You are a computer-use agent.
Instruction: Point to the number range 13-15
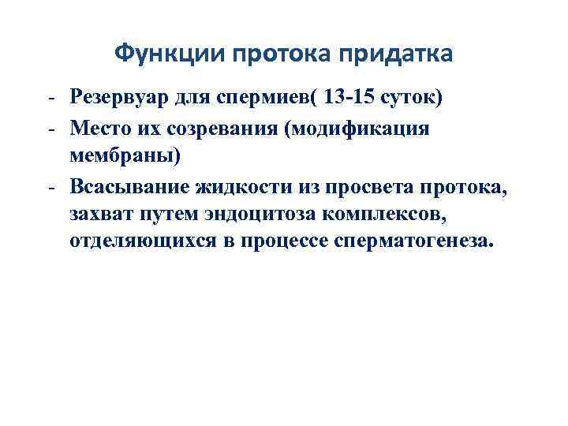tap(352, 99)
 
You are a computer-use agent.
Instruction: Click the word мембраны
tap(125, 156)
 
